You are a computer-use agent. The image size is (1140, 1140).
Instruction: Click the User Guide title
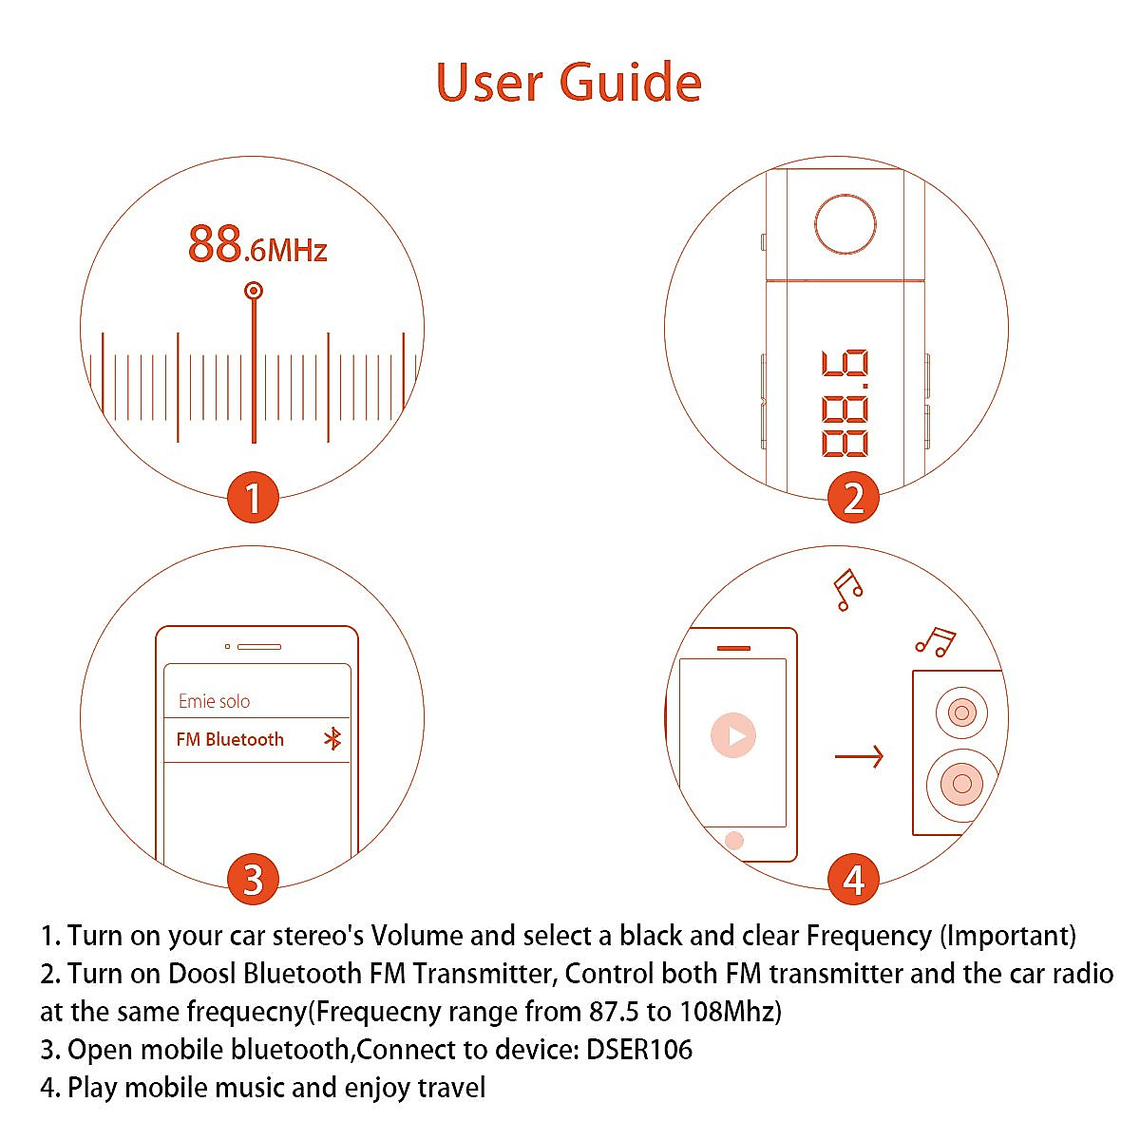[568, 83]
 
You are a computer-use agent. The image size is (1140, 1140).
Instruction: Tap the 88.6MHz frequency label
[256, 244]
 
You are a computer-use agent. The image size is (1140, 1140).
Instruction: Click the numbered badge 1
[253, 498]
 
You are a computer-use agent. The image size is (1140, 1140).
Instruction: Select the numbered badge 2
[853, 498]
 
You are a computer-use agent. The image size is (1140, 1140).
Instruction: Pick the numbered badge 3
[253, 879]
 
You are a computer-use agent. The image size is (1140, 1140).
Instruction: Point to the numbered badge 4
[853, 879]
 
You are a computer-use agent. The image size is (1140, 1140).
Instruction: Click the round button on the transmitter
[845, 224]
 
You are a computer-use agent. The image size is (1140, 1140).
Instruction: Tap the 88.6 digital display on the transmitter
[845, 404]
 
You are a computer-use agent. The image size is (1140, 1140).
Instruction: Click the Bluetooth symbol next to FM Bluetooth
[332, 739]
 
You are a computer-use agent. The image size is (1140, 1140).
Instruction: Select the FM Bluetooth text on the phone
[230, 739]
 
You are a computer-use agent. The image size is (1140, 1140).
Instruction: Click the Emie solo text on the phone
[214, 701]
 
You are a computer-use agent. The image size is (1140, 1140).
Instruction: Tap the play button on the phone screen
[733, 735]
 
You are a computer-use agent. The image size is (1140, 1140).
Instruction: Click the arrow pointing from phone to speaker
[859, 756]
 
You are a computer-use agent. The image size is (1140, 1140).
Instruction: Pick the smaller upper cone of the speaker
[961, 712]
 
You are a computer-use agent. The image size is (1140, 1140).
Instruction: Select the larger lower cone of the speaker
[961, 783]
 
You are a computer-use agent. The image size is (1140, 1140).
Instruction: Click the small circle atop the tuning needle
[253, 291]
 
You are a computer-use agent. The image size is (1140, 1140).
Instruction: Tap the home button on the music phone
[733, 840]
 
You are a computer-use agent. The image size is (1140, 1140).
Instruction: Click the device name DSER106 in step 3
[638, 1050]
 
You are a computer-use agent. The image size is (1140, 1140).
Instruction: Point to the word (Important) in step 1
[1007, 936]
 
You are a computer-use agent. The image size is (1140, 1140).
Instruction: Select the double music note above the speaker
[936, 641]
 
